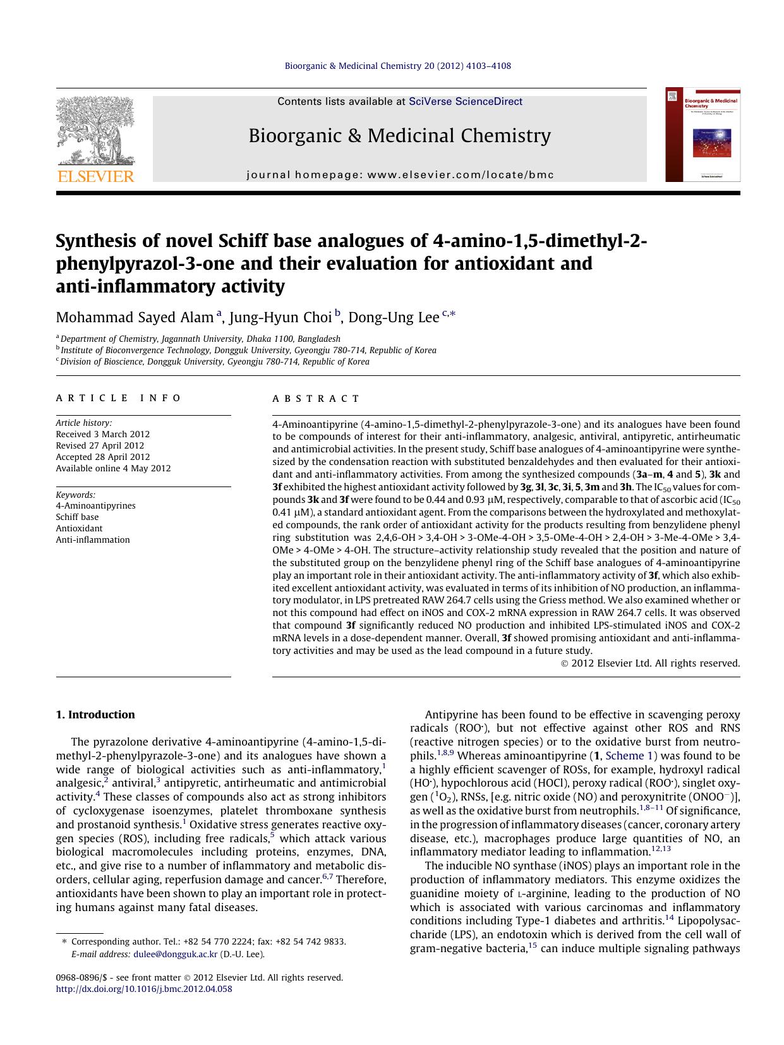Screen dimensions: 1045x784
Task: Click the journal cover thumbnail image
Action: click(x=703, y=135)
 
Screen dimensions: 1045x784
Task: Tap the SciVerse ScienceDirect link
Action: click(x=466, y=101)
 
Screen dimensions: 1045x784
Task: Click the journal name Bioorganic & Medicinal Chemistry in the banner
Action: click(x=399, y=135)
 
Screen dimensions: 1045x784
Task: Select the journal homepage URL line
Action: click(x=399, y=175)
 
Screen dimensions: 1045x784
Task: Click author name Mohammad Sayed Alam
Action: click(x=135, y=317)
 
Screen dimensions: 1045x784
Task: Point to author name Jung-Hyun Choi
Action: click(x=280, y=317)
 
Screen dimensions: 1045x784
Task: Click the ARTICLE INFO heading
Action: click(x=118, y=398)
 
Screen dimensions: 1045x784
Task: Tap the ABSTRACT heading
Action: click(x=316, y=399)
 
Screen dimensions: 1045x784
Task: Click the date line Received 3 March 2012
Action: click(x=102, y=434)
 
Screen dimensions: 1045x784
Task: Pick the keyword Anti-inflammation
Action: click(x=93, y=540)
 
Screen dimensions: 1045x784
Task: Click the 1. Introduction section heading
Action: click(x=95, y=715)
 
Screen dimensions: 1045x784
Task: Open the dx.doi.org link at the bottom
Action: click(x=144, y=989)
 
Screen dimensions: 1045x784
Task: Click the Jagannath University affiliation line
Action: click(x=200, y=339)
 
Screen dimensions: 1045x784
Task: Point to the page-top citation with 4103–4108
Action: click(x=398, y=66)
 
